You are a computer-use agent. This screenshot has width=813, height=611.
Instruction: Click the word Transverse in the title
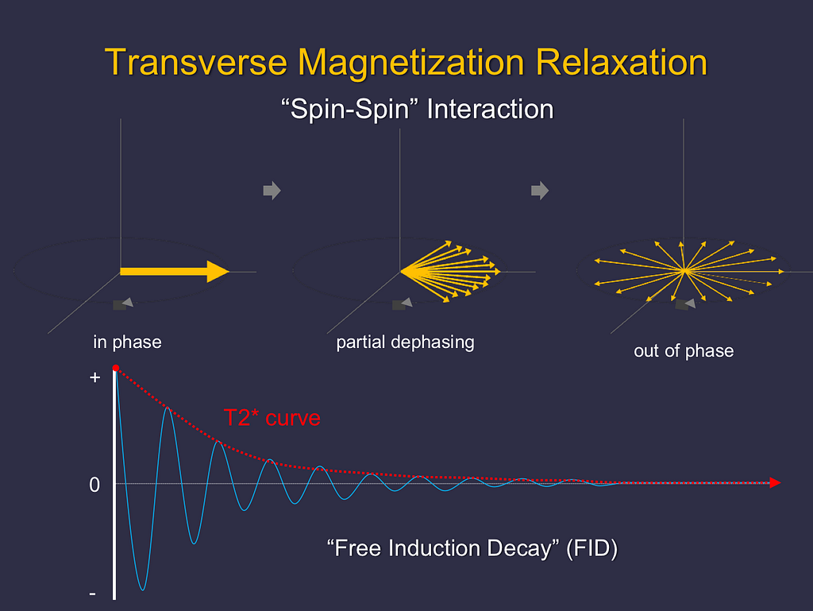196,63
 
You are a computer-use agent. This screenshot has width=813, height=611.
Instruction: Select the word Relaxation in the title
621,63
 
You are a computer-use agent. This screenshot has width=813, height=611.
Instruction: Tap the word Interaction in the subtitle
490,110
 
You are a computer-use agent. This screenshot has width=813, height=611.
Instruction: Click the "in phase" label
128,342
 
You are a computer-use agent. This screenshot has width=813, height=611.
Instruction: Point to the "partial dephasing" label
406,342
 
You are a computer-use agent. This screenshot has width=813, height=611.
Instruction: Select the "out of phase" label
684,351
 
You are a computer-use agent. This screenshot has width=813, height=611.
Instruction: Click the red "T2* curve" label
272,418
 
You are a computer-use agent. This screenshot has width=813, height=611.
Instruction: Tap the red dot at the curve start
116,368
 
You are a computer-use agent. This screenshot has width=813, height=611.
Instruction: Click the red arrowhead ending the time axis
775,483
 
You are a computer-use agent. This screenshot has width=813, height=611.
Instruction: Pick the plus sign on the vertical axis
94,377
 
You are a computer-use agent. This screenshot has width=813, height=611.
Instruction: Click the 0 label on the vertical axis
94,485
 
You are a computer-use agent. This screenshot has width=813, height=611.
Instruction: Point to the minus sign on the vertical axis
93,593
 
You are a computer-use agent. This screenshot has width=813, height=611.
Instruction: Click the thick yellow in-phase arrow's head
218,271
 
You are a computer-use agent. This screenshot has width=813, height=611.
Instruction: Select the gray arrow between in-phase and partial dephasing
272,191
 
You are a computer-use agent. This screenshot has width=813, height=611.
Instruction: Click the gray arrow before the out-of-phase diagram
540,191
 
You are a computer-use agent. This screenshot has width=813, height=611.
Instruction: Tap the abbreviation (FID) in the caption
592,549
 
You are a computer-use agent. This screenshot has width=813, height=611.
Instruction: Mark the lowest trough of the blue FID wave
143,590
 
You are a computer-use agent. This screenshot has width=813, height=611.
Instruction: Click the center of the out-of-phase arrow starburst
684,271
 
